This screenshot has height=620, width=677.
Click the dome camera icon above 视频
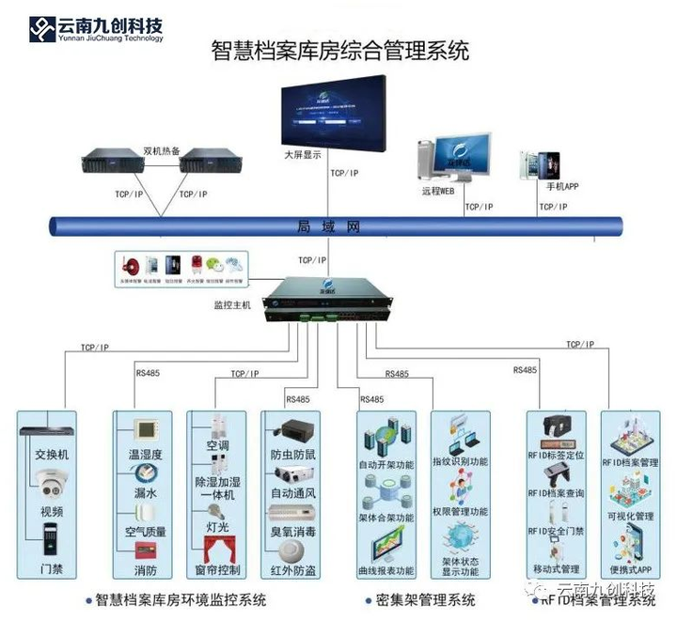click(51, 483)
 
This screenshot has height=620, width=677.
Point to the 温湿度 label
click(145, 455)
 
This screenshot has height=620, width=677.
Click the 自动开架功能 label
click(386, 464)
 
